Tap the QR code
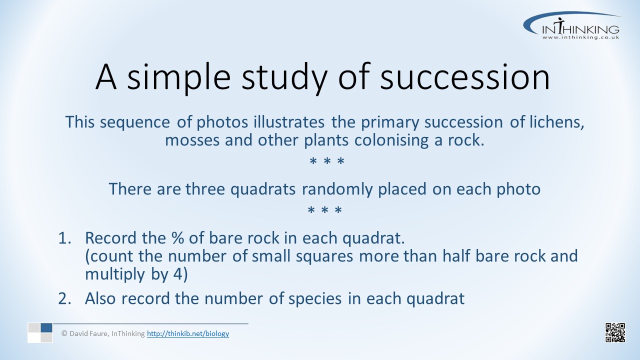coord(615,332)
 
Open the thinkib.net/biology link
coord(188,333)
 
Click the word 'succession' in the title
coord(465,77)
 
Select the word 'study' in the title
coord(284,78)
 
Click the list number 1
coord(64,238)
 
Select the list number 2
coord(64,298)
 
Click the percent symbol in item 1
coord(177,238)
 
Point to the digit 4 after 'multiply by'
coord(177,274)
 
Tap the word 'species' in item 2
coord(315,299)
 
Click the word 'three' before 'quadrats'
coord(205,189)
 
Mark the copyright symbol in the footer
coord(64,333)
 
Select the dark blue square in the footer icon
coord(46,327)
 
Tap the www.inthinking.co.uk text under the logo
coord(580,37)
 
